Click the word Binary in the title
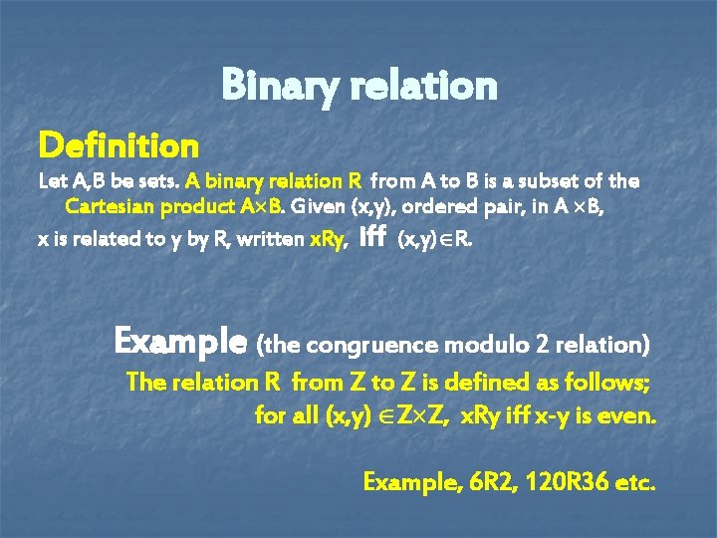(x=277, y=86)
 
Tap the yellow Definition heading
(x=119, y=146)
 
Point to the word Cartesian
(x=105, y=208)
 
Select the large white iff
(x=370, y=237)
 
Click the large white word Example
(x=180, y=342)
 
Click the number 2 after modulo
(x=542, y=345)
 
